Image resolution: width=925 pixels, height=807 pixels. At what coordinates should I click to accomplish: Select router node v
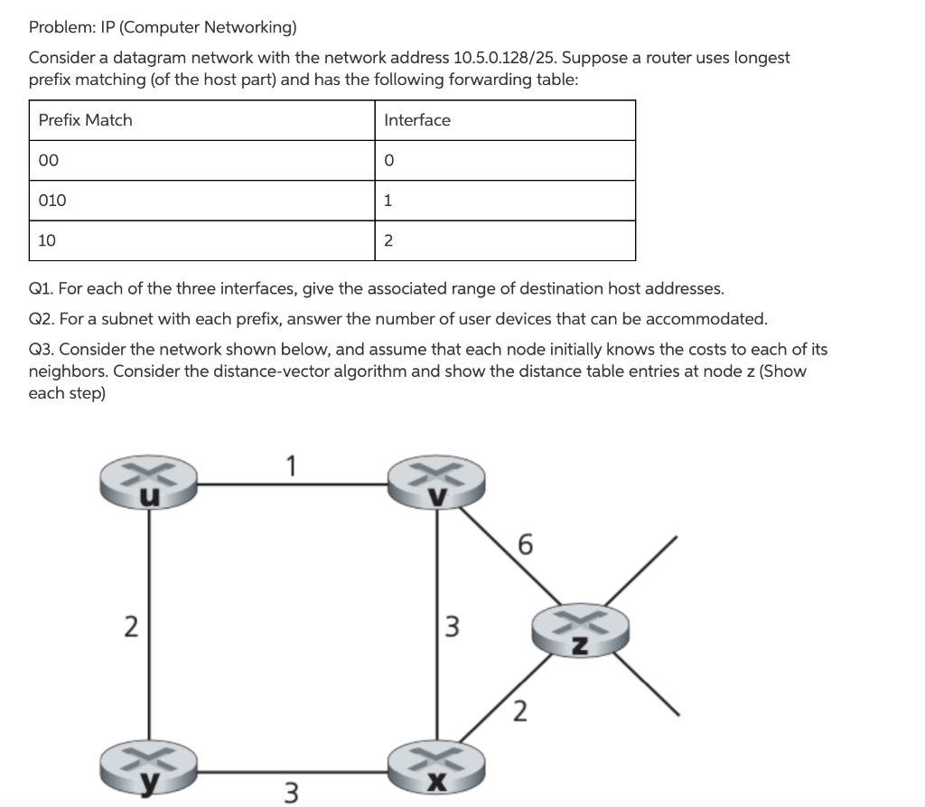(x=437, y=483)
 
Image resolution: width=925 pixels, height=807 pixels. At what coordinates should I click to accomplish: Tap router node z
(x=579, y=631)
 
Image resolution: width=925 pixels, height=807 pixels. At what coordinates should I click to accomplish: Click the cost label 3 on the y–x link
(x=291, y=792)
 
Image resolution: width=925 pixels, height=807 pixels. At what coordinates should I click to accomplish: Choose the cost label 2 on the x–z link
(x=519, y=712)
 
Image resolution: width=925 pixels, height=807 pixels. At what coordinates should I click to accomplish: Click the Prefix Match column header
(x=85, y=120)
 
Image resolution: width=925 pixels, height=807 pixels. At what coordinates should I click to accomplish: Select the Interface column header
(x=416, y=120)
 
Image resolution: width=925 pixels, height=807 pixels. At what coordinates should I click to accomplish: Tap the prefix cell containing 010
(x=52, y=201)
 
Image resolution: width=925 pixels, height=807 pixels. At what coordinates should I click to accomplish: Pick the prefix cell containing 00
(x=47, y=160)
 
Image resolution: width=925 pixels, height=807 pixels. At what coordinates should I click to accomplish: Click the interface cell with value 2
(x=388, y=240)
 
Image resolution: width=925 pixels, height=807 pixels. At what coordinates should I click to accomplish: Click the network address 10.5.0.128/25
(x=513, y=58)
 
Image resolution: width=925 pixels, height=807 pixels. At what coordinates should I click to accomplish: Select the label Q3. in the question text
(x=42, y=349)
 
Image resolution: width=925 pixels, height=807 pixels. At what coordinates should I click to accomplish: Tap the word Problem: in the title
(x=58, y=27)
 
